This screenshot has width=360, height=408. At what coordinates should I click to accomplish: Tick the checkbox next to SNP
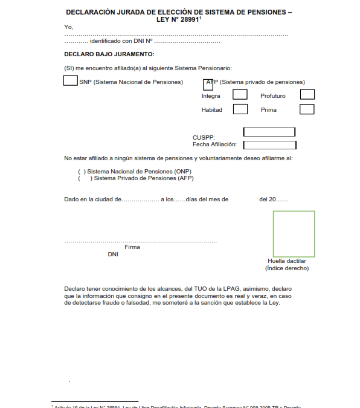click(x=70, y=81)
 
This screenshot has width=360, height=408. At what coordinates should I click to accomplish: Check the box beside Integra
click(x=240, y=95)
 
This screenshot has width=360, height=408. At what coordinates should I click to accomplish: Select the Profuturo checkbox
click(x=307, y=94)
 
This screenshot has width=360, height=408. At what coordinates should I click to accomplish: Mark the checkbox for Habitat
click(x=240, y=109)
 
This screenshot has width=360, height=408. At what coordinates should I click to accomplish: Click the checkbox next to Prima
click(x=307, y=109)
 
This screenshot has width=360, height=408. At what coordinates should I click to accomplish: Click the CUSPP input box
click(x=269, y=132)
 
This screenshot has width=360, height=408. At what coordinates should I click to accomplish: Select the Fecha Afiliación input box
click(x=269, y=144)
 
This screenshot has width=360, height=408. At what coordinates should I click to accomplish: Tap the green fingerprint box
click(x=294, y=234)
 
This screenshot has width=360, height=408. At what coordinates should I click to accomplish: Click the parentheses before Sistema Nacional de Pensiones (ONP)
click(x=82, y=172)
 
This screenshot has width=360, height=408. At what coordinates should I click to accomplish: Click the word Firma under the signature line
click(x=132, y=247)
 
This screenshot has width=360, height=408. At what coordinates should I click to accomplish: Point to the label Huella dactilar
click(x=287, y=261)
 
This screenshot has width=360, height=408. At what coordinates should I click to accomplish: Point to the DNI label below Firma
click(x=112, y=254)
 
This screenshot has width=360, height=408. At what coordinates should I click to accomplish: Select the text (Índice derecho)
click(x=287, y=268)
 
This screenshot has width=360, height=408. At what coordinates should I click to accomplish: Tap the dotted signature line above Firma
click(x=140, y=241)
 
